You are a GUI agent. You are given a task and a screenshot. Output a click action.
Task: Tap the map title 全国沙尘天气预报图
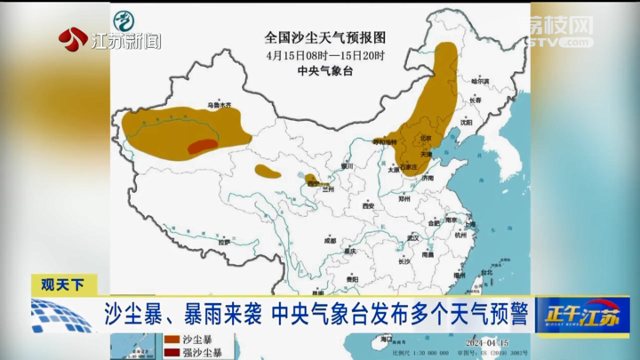[325, 37]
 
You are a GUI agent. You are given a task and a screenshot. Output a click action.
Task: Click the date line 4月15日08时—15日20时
[325, 55]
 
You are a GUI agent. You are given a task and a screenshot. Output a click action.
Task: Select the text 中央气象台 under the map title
[325, 71]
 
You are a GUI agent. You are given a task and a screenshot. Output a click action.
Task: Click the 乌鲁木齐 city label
[219, 105]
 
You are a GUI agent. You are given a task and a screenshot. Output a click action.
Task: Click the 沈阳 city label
[466, 123]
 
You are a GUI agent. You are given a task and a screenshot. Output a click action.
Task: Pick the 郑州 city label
[405, 201]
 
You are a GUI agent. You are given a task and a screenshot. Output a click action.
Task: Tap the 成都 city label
[330, 240]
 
